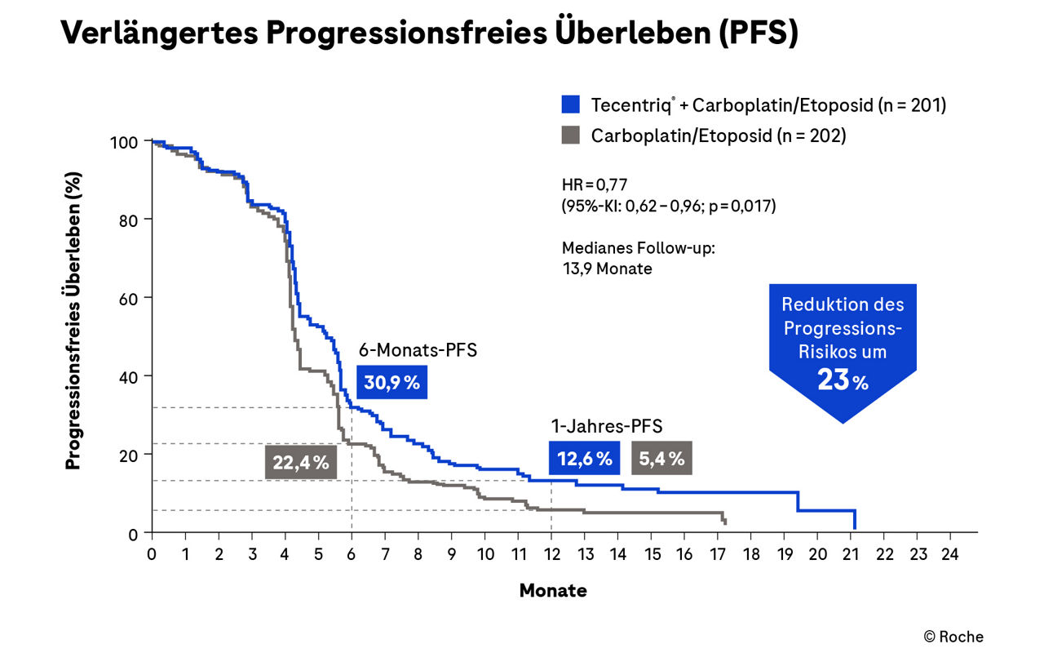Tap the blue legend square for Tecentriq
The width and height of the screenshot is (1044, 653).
point(571,104)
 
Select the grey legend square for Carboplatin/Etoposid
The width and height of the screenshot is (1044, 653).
point(571,135)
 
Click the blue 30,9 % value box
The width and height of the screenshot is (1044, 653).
point(391,382)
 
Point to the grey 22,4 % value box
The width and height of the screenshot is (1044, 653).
point(301,462)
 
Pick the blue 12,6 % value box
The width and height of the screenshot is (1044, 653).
point(584,459)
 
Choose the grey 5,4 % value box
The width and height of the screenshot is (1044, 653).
point(661,459)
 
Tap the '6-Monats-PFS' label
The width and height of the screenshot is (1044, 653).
point(418,351)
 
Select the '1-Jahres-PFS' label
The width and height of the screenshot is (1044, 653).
point(606,425)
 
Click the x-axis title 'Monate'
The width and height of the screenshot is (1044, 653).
point(553,590)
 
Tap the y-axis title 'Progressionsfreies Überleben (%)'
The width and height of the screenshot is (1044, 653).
point(73,336)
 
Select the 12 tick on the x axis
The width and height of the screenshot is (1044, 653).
point(551,553)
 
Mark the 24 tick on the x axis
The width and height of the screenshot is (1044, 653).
point(949,553)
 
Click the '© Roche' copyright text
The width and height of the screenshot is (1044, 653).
point(953,637)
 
